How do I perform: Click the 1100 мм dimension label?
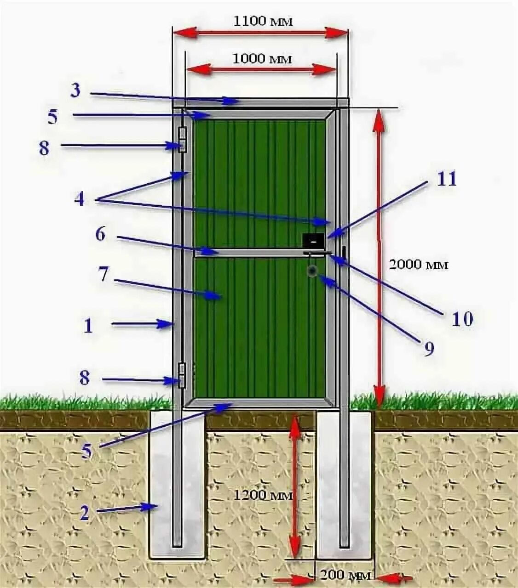pos(263,21)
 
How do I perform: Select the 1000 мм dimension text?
pos(262,59)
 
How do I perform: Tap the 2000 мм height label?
pos(418,265)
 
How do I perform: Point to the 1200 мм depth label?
pos(263,495)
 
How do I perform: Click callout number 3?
pos(75,90)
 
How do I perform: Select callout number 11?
pos(446,179)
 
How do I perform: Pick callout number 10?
pos(462,318)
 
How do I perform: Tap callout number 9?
pos(429,350)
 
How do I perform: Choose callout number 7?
pos(103,275)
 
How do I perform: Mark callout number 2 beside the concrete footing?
pos(84,513)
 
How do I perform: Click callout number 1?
pos(88,326)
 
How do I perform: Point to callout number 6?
pos(100,235)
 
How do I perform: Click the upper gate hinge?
pos(183,140)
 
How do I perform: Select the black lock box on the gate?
pos(313,240)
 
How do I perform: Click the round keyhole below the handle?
pos(312,271)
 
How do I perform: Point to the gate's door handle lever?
pos(317,253)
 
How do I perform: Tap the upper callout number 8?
pos(44,148)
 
